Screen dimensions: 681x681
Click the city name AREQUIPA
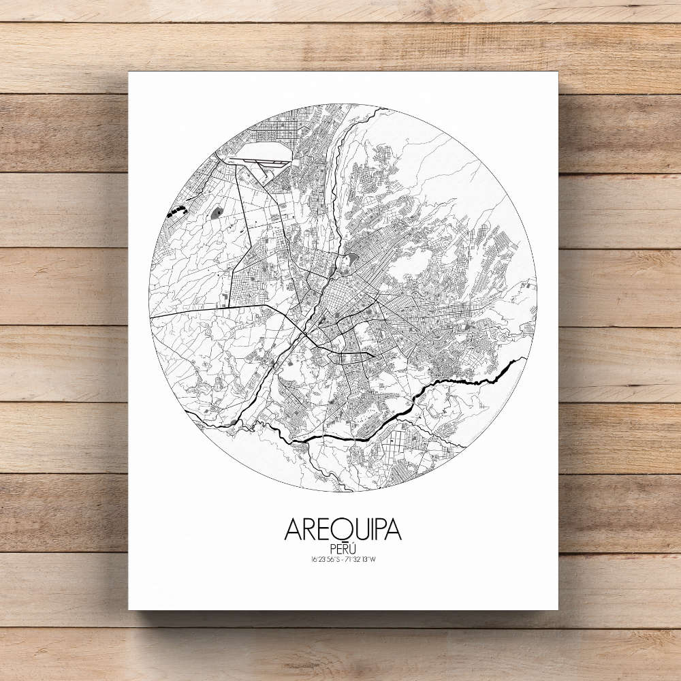point(343,530)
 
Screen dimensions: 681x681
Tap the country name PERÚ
point(343,549)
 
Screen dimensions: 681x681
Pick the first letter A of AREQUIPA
point(294,530)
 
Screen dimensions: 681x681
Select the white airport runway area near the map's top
point(262,151)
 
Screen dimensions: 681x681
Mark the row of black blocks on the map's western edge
point(177,212)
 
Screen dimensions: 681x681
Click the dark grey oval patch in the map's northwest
point(217,213)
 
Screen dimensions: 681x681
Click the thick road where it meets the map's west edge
point(153,317)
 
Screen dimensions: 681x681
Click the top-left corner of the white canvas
point(129,72)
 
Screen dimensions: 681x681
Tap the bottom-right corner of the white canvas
point(557,609)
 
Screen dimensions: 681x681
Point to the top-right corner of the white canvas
point(557,72)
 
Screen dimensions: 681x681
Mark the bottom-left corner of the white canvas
point(129,609)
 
